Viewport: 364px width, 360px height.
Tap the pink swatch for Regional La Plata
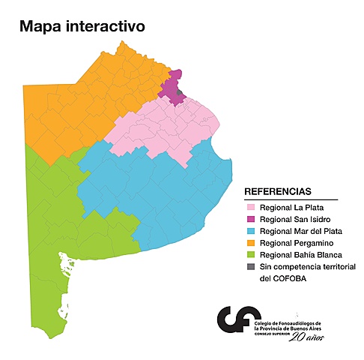pyautogui.click(x=251, y=206)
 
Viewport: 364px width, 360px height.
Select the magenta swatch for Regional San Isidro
pyautogui.click(x=251, y=218)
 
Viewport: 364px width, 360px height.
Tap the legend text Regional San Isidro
pyautogui.click(x=297, y=218)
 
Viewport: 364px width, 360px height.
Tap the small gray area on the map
pyautogui.click(x=181, y=94)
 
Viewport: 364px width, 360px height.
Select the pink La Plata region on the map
pyautogui.click(x=165, y=127)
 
